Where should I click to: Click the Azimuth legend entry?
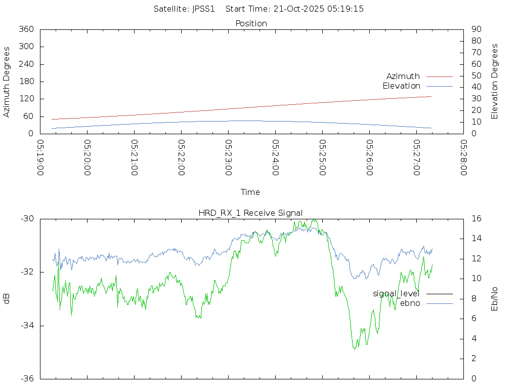pos(403,76)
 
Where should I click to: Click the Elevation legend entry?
pos(401,86)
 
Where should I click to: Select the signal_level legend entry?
pos(396,294)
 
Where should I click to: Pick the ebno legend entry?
pos(410,303)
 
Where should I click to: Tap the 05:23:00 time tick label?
pos(229,158)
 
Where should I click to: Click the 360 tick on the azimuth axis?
pos(26,29)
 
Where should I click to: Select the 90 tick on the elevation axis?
pos(476,29)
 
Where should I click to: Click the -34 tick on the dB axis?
pos(27,326)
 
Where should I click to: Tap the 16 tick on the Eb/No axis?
pos(476,219)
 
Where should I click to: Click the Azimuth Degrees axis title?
pos(7,82)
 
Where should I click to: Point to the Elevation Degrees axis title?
pos(495,82)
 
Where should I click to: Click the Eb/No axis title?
pos(495,298)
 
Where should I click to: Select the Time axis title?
pos(250,192)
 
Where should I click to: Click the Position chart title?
pos(251,24)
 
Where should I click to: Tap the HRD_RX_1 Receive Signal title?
pos(250,213)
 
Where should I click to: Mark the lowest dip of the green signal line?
pos(354,349)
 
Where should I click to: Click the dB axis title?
pos(7,298)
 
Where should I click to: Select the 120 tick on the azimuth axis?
pos(26,99)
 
